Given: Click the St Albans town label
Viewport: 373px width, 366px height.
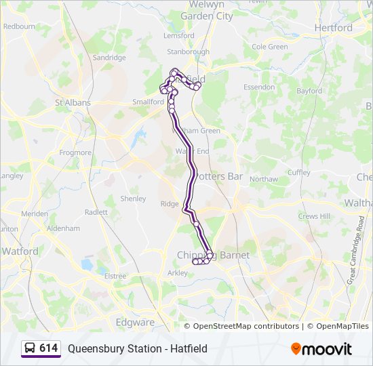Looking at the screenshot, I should pos(73,103).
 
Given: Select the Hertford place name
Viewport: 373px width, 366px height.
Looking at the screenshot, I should pos(334,28).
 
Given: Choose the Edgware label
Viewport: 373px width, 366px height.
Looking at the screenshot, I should pos(135,323).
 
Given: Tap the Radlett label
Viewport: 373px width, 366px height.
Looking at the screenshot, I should pos(96,212).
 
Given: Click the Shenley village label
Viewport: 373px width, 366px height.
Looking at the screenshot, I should pos(133,199).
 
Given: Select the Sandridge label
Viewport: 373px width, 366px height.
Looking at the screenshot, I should pos(109,58).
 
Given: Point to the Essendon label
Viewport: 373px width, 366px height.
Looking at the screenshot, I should pos(259,87).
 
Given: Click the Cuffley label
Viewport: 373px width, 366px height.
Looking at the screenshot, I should pos(299,173).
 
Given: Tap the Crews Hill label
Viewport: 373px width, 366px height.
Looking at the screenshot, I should pos(313,216).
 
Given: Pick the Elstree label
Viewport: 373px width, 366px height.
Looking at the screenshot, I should pos(115,277).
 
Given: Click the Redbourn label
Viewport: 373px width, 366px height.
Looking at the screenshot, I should pos(19,26).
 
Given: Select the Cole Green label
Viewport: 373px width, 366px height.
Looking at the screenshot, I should pos(270,47).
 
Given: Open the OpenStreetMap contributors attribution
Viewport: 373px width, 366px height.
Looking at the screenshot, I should pos(246,327).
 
